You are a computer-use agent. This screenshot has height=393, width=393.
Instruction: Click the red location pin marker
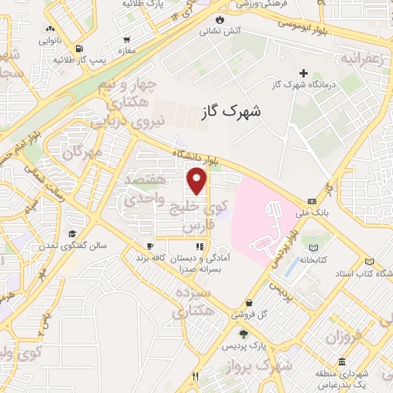click(198, 182)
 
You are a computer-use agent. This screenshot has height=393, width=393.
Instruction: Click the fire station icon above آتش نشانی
click(220, 19)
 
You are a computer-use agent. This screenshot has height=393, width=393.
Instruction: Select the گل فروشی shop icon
click(250, 303)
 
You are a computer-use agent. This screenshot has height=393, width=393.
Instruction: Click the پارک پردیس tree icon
click(244, 334)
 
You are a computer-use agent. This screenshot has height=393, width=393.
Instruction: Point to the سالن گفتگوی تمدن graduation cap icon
click(72, 233)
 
